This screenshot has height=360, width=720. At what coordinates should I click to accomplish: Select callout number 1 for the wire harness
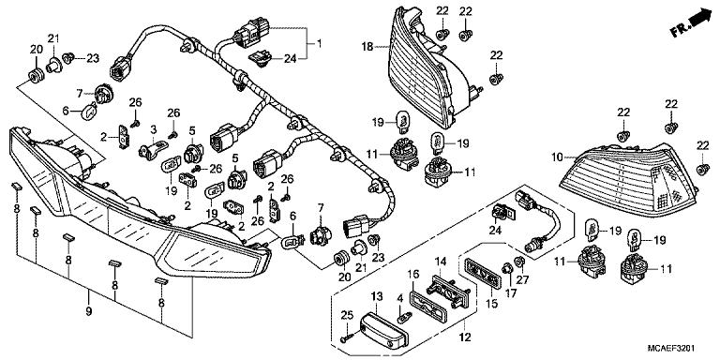click(x=318, y=44)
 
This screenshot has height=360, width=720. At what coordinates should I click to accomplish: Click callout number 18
click(x=368, y=45)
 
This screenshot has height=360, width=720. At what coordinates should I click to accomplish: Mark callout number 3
click(x=152, y=128)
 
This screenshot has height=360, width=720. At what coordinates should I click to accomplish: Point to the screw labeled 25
click(x=348, y=328)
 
